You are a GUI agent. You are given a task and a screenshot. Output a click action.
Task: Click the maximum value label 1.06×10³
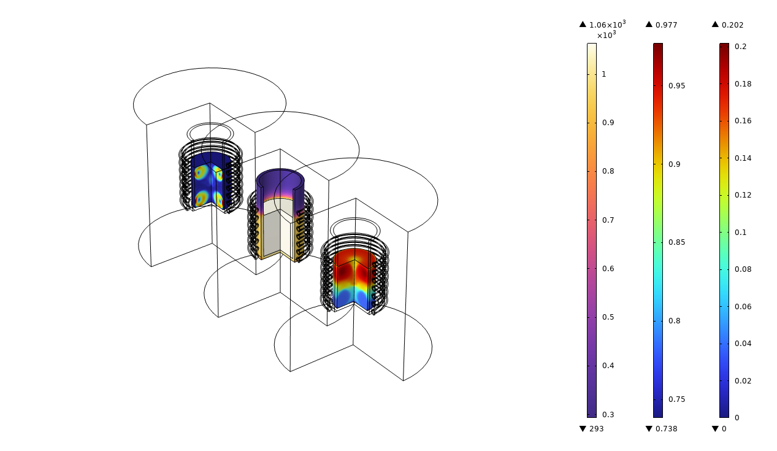607,25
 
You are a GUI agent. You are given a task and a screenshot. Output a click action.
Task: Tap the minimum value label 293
596,429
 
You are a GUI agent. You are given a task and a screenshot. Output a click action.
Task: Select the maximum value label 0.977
667,25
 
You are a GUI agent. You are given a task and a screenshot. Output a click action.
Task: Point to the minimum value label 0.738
667,429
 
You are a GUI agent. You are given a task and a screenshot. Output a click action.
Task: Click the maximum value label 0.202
733,25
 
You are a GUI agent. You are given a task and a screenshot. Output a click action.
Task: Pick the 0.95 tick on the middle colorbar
677,86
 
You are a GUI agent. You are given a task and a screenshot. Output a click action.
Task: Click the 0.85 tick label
677,242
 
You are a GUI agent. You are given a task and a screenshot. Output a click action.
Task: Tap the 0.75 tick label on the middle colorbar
677,399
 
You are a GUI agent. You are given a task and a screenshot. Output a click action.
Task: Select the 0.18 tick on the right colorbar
743,84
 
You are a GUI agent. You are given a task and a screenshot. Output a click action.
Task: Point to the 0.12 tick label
743,195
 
